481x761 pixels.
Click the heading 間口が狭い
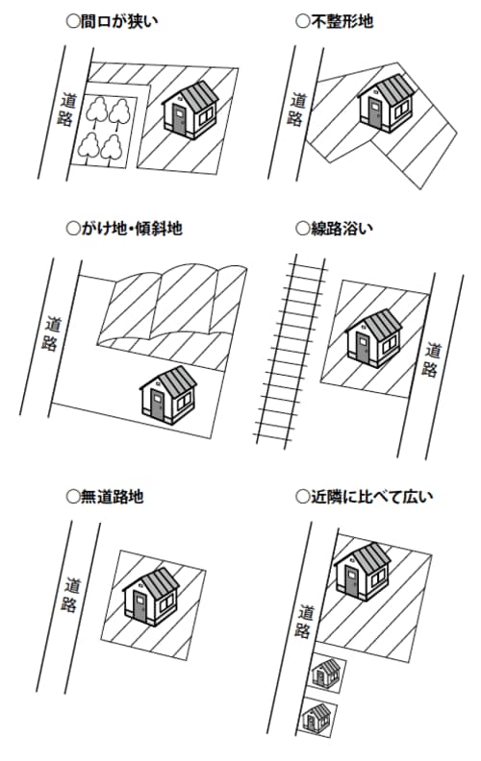(112, 22)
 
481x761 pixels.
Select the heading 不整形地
(334, 22)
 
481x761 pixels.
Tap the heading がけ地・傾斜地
(124, 228)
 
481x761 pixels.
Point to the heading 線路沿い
(334, 228)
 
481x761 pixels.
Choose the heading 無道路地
(105, 497)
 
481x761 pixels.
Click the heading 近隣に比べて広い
(364, 497)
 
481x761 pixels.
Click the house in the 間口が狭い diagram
(190, 110)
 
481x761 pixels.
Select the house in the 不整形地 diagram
(387, 104)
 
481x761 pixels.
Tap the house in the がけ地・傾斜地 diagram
(168, 395)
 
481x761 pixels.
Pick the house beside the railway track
(374, 338)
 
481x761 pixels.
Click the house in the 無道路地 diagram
(151, 597)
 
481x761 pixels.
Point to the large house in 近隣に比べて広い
(363, 573)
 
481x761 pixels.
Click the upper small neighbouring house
(326, 674)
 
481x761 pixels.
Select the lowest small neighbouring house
(316, 718)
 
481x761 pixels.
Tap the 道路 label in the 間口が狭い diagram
(67, 110)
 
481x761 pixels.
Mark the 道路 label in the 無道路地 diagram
(71, 595)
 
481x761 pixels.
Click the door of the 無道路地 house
(140, 606)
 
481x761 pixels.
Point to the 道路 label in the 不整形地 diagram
(297, 110)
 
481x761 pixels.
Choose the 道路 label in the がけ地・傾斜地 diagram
(52, 334)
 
